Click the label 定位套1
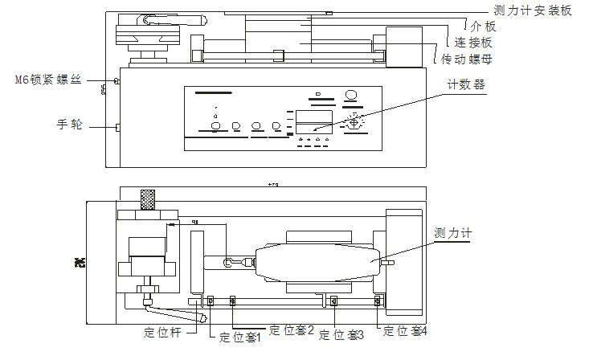click(x=239, y=337)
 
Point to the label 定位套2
click(x=292, y=329)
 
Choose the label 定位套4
click(x=407, y=329)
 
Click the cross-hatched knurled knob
click(x=147, y=199)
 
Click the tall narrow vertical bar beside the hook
click(x=195, y=262)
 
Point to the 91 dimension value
click(x=185, y=222)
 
